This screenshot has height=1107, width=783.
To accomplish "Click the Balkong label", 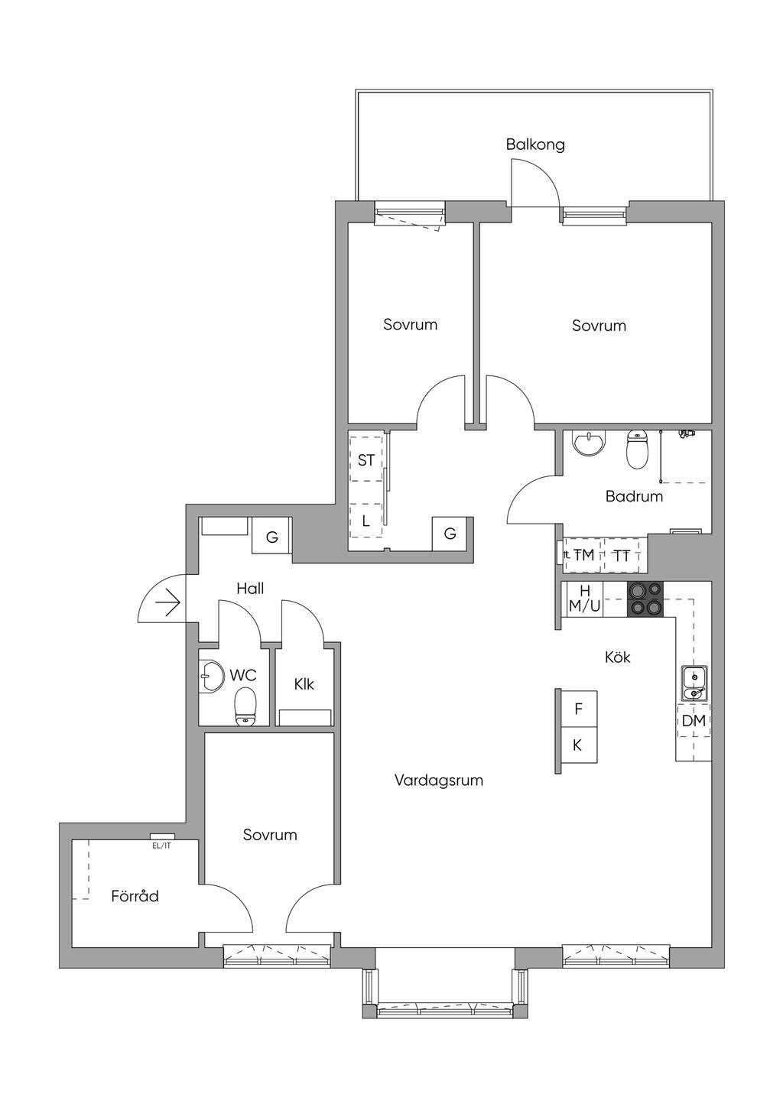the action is pos(534,144).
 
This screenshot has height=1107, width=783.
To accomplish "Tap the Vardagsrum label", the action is pos(439,781).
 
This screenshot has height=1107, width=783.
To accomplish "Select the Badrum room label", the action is pos(634,496).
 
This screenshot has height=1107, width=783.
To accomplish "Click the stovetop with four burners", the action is pos(645,599).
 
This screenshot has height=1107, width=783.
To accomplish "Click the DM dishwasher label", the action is pos(694,721).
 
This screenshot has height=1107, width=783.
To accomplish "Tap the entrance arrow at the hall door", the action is pos(167,604).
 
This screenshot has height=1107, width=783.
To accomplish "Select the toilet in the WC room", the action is pos(245,707).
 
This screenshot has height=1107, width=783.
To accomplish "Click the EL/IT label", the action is pos(161,846).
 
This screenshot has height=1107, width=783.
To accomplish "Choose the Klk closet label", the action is pos(304,684).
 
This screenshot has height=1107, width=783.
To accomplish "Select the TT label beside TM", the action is pos(622,557).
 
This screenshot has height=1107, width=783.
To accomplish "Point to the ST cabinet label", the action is pos(366,460).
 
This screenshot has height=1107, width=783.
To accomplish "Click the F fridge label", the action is pos(578,709).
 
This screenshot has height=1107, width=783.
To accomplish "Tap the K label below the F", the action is pos(577,745).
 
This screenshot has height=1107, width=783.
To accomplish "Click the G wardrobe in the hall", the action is pos(272,536).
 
